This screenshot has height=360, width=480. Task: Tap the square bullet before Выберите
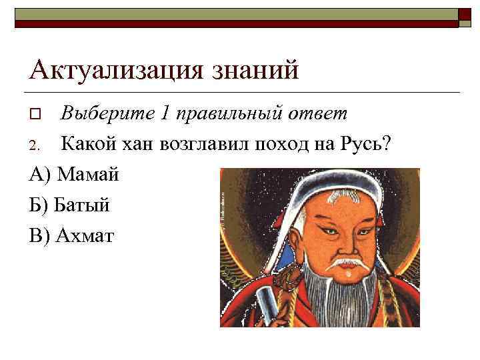tap(36, 115)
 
